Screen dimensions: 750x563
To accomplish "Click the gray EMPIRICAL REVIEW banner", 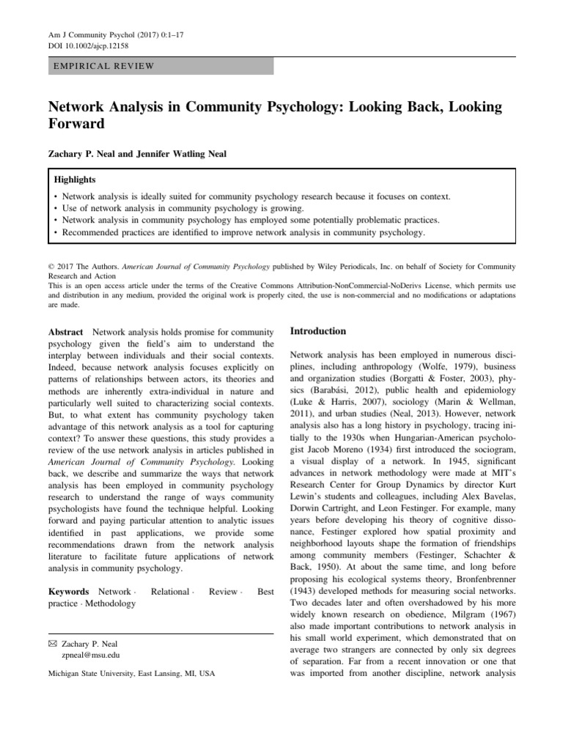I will tap(161, 67).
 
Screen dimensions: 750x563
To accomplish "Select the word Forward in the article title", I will tap(76, 124).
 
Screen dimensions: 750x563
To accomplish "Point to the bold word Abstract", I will tap(66, 332).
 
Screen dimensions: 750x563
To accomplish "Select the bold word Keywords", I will tap(68, 591).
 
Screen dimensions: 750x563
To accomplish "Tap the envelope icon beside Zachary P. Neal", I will tap(51, 643).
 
